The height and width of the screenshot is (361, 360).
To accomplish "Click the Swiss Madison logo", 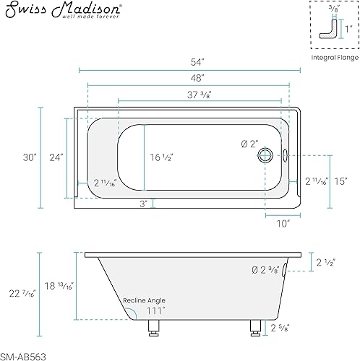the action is click(63, 10).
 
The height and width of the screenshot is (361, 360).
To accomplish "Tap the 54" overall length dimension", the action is click(197, 62).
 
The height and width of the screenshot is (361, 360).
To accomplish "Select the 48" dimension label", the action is click(197, 78).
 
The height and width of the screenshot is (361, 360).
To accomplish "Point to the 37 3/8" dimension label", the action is click(200, 95).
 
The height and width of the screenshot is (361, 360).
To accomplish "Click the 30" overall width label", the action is click(30, 157).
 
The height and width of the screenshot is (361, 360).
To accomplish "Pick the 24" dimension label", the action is click(56, 157).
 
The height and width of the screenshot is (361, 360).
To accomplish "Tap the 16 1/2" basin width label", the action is click(161, 157).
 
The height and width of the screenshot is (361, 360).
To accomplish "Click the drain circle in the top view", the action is click(265, 155).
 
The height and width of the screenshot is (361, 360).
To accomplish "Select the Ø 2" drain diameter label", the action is click(249, 144).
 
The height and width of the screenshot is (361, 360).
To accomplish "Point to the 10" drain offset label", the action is click(283, 224).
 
